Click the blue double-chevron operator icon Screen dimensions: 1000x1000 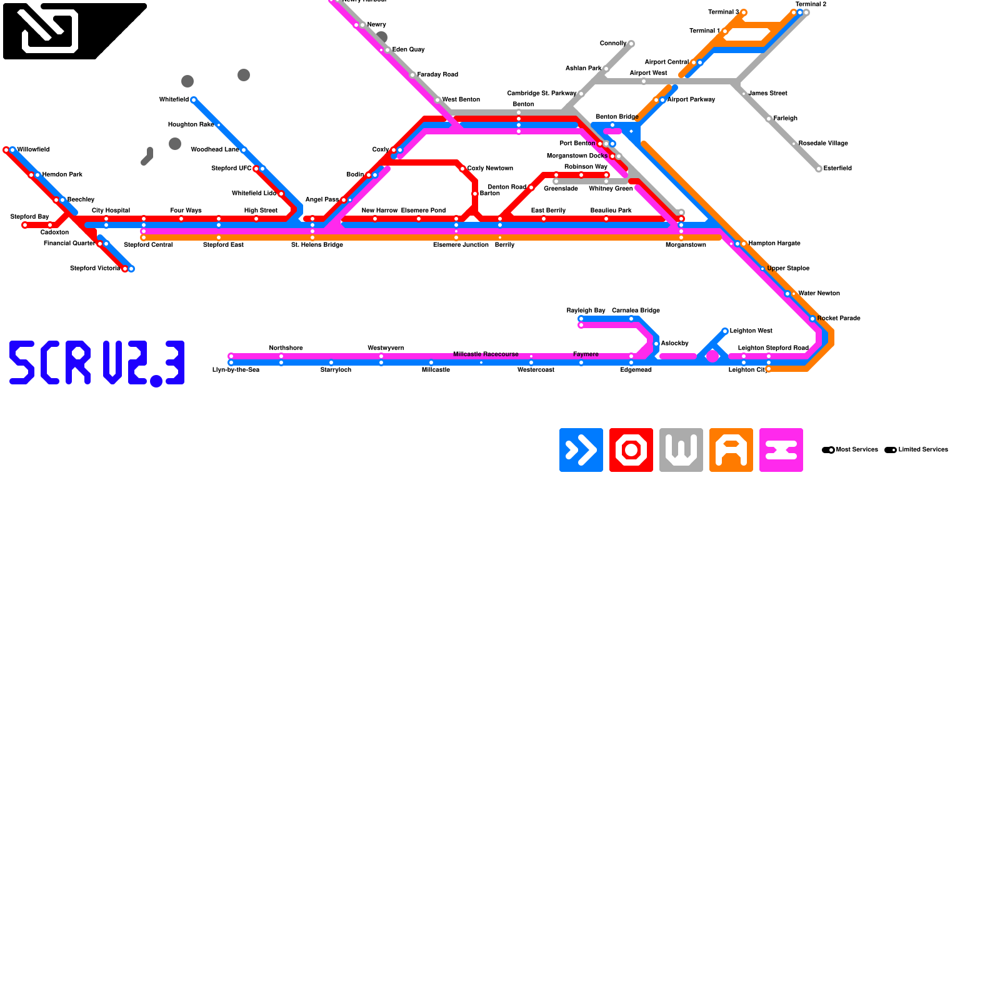click(x=581, y=450)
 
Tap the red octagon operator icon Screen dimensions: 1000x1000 click(x=631, y=450)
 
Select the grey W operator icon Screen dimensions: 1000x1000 click(x=681, y=450)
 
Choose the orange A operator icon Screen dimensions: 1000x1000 click(x=731, y=450)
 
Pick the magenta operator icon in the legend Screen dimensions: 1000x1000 click(x=781, y=450)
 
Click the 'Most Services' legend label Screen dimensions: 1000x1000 click(x=856, y=450)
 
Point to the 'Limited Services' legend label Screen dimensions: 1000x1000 click(x=922, y=450)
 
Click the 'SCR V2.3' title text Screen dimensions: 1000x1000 click(x=97, y=363)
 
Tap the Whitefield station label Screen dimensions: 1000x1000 click(x=174, y=100)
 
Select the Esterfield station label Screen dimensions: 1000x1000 click(x=837, y=169)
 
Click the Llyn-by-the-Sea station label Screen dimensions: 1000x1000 click(x=236, y=370)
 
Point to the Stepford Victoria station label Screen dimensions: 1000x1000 click(x=95, y=269)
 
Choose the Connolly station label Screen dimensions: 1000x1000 click(x=612, y=44)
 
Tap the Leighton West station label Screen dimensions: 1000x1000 click(x=751, y=331)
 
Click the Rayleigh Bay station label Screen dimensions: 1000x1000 click(x=586, y=311)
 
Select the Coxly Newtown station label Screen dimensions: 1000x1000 click(x=490, y=169)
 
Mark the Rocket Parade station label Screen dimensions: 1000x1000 click(x=838, y=319)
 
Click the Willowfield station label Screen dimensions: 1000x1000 click(x=33, y=150)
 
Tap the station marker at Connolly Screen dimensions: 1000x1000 click(x=631, y=44)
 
